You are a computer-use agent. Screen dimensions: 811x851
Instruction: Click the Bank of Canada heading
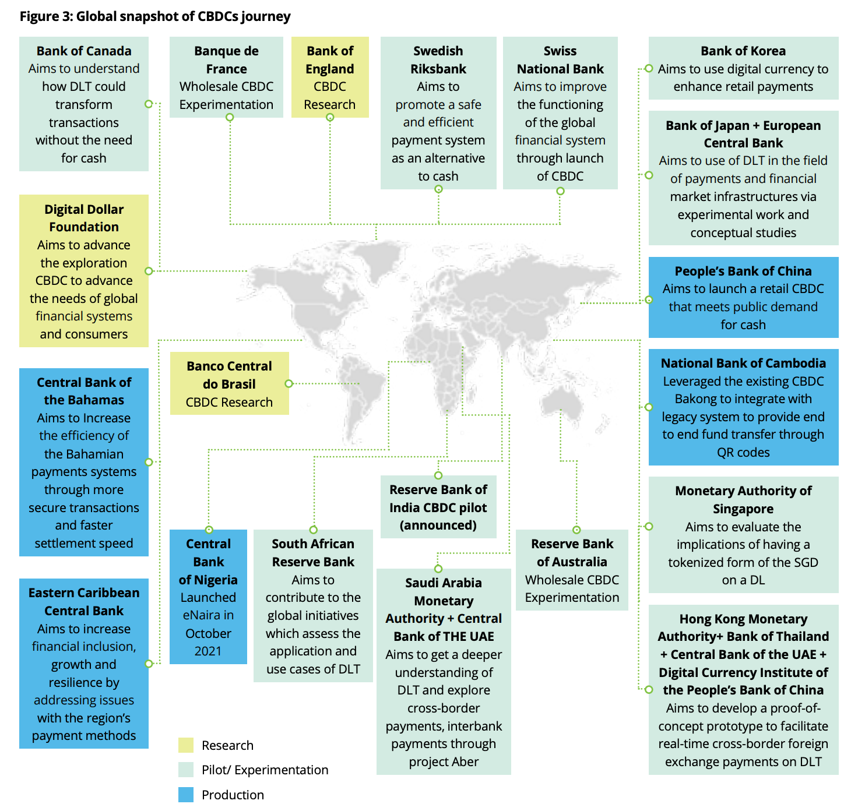click(84, 51)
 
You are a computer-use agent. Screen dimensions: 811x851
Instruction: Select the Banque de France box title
click(226, 60)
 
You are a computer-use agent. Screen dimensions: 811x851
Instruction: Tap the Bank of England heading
click(330, 60)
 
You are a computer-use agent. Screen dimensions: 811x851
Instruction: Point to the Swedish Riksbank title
click(438, 60)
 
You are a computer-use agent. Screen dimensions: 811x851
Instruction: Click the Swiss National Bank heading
click(560, 60)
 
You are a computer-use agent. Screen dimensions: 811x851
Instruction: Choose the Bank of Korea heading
click(743, 51)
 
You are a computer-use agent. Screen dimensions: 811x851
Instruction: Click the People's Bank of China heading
click(743, 271)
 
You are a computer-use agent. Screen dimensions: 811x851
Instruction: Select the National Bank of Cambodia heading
click(743, 363)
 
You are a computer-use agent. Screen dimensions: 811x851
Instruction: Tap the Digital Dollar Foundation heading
click(84, 218)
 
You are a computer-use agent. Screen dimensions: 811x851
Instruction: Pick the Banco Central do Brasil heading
click(229, 375)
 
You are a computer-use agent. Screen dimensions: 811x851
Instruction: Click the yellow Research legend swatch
click(186, 745)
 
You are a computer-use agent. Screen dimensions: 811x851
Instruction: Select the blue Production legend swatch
click(186, 795)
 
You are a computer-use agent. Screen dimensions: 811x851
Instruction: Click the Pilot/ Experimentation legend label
click(265, 770)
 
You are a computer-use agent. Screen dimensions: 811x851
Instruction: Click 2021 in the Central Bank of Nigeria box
click(208, 651)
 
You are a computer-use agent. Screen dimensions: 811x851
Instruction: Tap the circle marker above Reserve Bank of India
click(438, 475)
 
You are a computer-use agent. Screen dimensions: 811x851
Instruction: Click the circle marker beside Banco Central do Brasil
click(289, 383)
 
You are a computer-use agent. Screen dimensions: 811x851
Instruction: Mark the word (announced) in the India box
click(438, 525)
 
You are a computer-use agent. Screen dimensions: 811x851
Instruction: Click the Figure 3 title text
click(155, 16)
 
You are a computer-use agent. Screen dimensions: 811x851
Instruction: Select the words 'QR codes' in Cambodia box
click(743, 452)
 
